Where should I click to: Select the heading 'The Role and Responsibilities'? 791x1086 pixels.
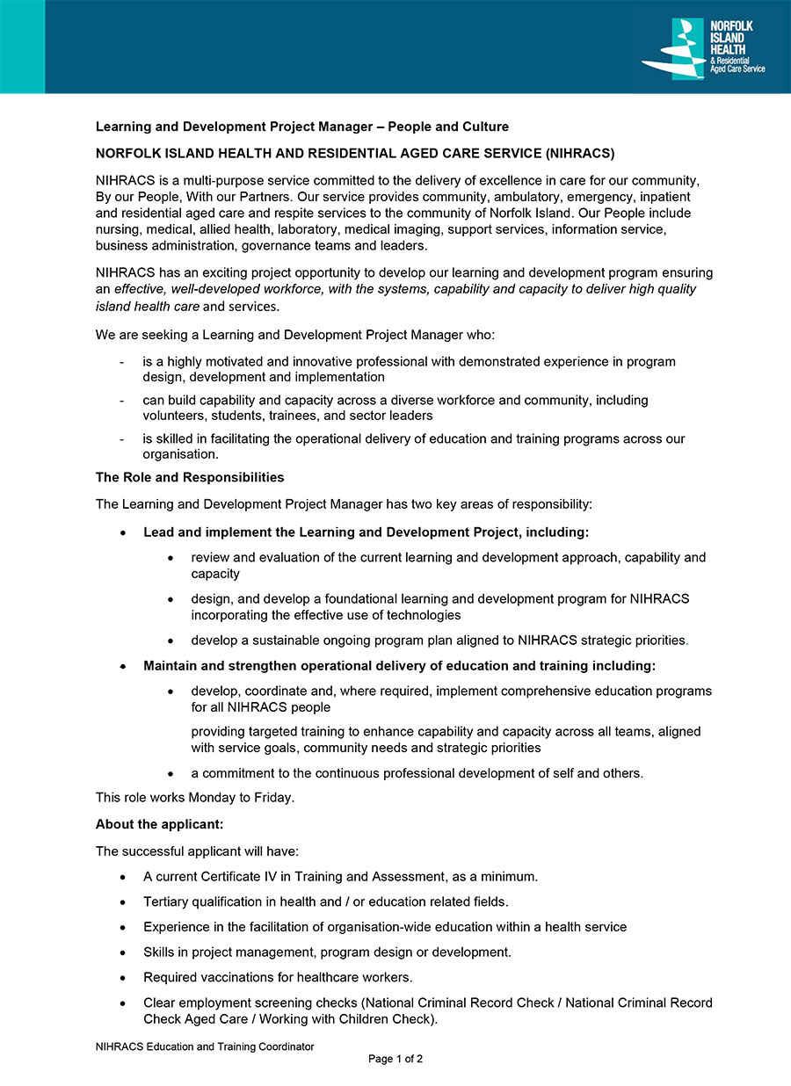pos(190,477)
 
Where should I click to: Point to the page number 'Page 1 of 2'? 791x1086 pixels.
pos(395,1059)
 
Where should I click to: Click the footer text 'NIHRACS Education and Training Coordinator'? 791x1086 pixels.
pos(205,1046)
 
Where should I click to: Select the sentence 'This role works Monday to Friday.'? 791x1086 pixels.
pos(195,798)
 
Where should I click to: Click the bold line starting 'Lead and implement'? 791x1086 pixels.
pos(366,532)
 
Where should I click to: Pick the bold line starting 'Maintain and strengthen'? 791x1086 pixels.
pos(399,665)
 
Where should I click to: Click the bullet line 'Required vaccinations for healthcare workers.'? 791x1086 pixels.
pos(278,977)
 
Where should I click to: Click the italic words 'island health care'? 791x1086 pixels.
pos(148,307)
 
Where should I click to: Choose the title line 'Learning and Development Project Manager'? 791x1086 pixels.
pos(237,127)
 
